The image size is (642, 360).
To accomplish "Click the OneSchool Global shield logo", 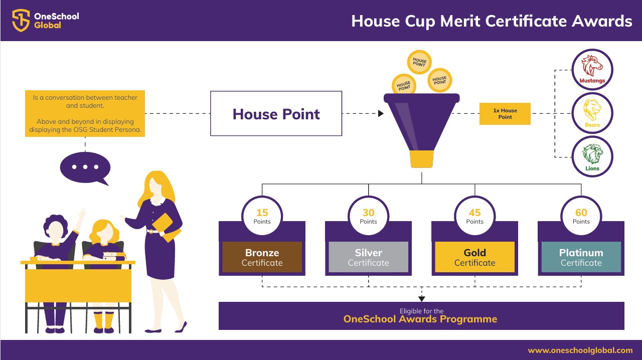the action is click(x=21, y=20).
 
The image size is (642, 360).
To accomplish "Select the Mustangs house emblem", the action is click(x=592, y=70).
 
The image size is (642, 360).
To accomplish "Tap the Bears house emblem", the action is click(x=592, y=113).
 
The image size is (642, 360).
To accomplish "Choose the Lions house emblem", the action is click(x=592, y=157).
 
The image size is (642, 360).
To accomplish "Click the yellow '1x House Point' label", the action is click(x=505, y=113).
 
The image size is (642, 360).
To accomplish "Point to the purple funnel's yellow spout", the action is click(x=422, y=159).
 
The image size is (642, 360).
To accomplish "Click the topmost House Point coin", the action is click(x=419, y=62).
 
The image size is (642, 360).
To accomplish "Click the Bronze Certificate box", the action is click(x=262, y=257).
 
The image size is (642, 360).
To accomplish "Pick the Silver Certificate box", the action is click(x=368, y=257).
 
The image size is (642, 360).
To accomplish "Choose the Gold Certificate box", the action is click(x=474, y=257).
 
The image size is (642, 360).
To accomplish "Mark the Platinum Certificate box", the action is click(x=581, y=257).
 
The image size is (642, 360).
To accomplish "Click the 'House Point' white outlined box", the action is click(x=276, y=113).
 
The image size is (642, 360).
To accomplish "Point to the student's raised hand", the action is click(x=83, y=214).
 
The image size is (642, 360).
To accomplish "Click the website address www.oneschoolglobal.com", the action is click(x=580, y=350).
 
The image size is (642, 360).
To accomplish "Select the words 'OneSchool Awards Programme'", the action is click(x=420, y=319).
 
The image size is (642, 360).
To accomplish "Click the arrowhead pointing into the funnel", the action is click(x=381, y=113).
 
